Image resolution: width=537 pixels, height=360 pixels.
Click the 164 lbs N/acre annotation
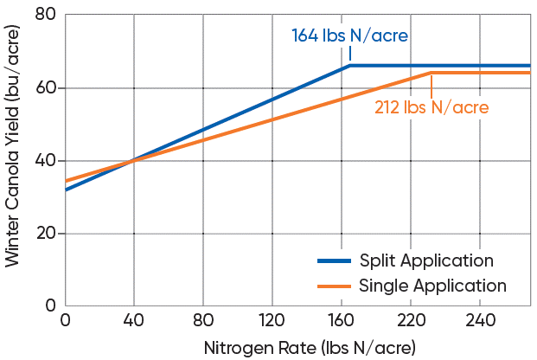(x=349, y=36)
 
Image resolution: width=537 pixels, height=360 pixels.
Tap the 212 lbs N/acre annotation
(x=431, y=108)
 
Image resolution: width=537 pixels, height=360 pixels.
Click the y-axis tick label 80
(x=47, y=15)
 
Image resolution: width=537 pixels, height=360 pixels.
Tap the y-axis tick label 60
(x=47, y=87)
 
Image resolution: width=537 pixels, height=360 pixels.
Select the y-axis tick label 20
(x=47, y=233)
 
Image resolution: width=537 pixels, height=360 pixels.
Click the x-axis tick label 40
(x=134, y=322)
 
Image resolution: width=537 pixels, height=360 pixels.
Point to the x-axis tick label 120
(x=272, y=322)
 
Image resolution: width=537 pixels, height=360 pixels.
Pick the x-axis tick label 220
(x=411, y=322)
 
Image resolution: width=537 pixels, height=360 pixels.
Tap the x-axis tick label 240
(x=480, y=322)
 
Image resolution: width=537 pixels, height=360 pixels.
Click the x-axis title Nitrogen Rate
(x=310, y=348)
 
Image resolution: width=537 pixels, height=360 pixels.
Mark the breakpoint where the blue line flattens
(x=350, y=66)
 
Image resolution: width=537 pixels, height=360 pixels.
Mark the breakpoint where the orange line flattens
(x=431, y=73)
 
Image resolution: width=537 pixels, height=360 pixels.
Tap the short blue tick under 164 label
(x=350, y=55)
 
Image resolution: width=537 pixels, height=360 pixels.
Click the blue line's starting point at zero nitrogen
(x=66, y=190)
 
